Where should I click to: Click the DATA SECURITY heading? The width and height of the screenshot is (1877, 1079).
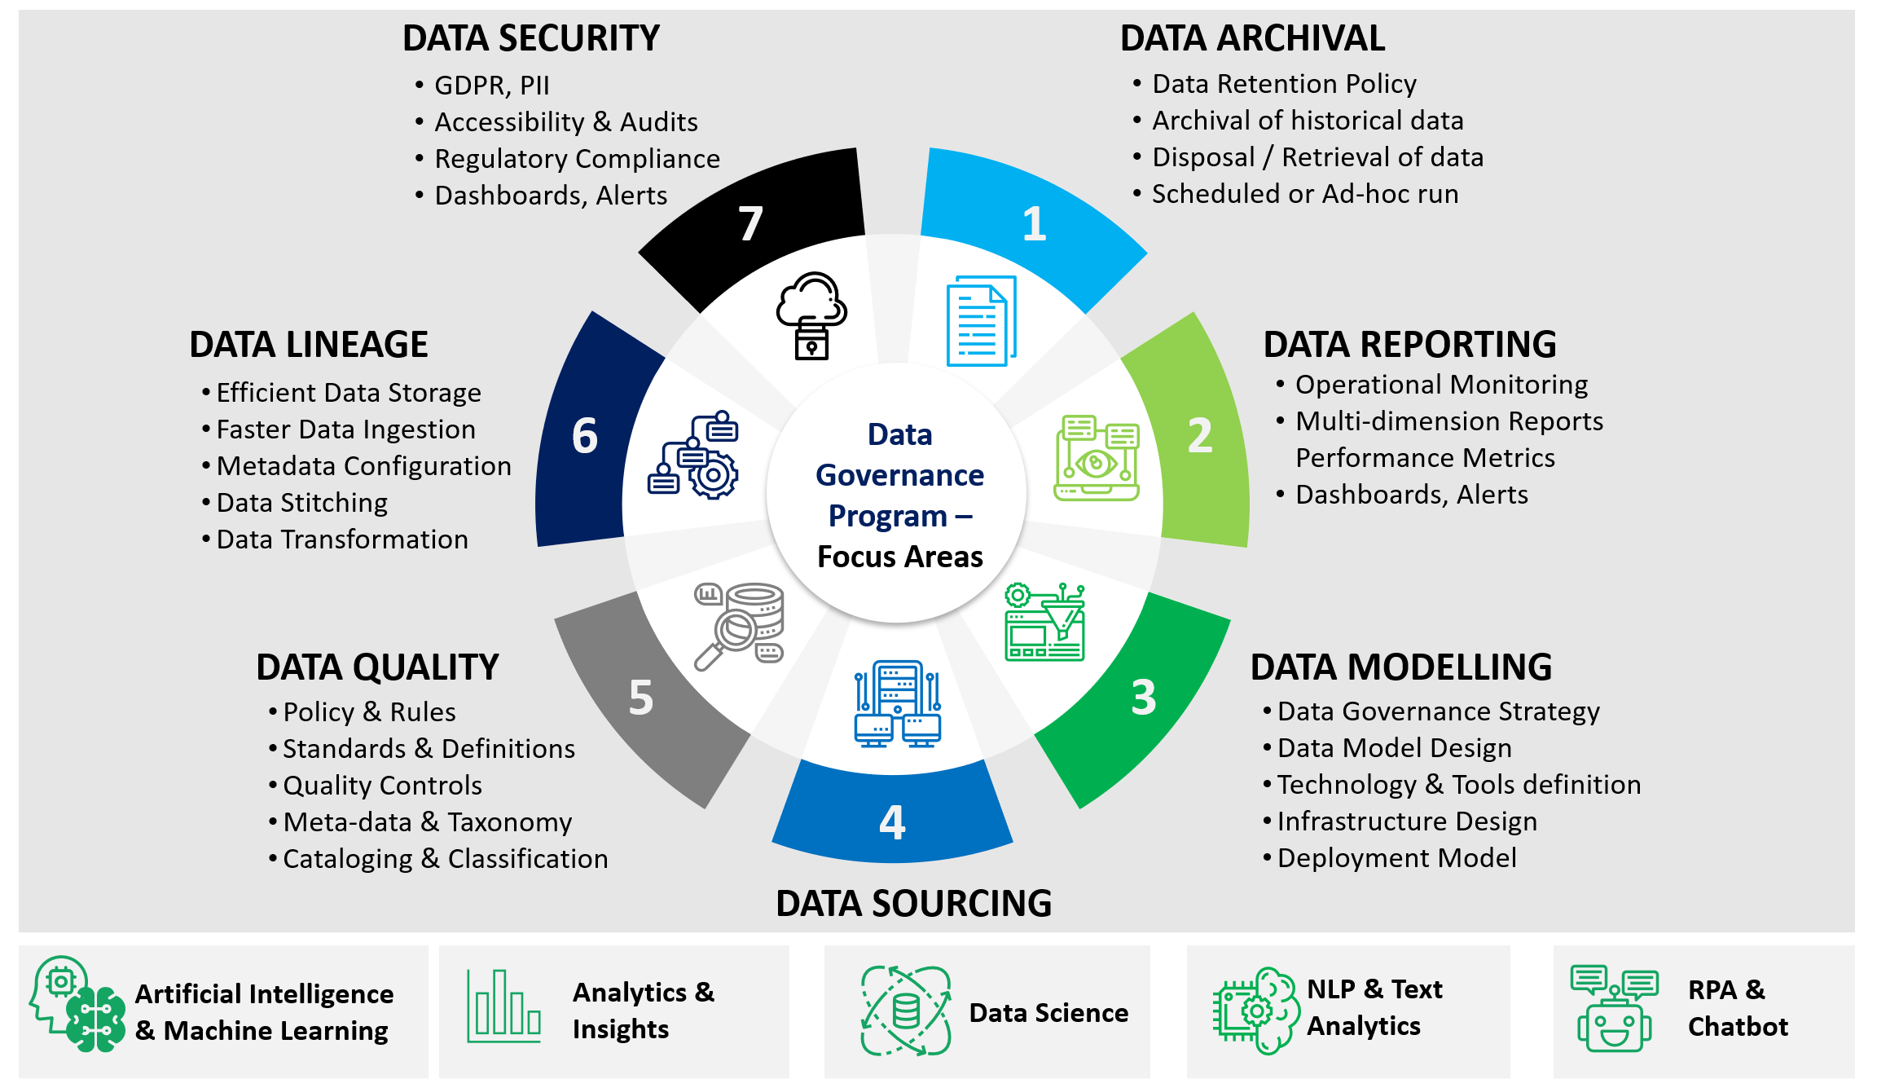click(x=530, y=38)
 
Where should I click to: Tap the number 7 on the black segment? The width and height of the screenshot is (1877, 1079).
click(x=750, y=224)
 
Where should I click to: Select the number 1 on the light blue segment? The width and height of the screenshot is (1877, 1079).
click(x=1034, y=224)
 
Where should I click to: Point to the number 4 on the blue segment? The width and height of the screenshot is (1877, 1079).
click(x=892, y=822)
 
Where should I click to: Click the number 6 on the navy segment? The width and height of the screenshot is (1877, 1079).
click(x=584, y=436)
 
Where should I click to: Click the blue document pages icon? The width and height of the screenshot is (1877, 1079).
click(x=981, y=321)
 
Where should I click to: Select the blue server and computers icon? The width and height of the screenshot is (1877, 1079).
click(x=898, y=704)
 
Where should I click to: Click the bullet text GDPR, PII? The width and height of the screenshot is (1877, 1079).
click(x=491, y=86)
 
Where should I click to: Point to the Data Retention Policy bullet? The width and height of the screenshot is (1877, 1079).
click(x=1284, y=84)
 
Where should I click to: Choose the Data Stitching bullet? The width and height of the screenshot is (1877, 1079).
click(x=301, y=503)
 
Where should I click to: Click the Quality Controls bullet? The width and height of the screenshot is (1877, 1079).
click(x=382, y=786)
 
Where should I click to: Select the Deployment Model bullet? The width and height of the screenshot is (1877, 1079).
click(x=1396, y=858)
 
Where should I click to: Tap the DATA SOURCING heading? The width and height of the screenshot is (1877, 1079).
click(x=913, y=904)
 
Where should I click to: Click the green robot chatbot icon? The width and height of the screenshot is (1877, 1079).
click(x=1614, y=1011)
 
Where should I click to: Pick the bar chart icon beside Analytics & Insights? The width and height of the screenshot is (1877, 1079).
click(x=503, y=1006)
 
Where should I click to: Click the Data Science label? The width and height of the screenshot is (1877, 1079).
click(x=1048, y=1013)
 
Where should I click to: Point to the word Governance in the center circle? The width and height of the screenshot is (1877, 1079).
click(x=899, y=475)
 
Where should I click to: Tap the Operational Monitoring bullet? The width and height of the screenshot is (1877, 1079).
click(x=1441, y=385)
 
